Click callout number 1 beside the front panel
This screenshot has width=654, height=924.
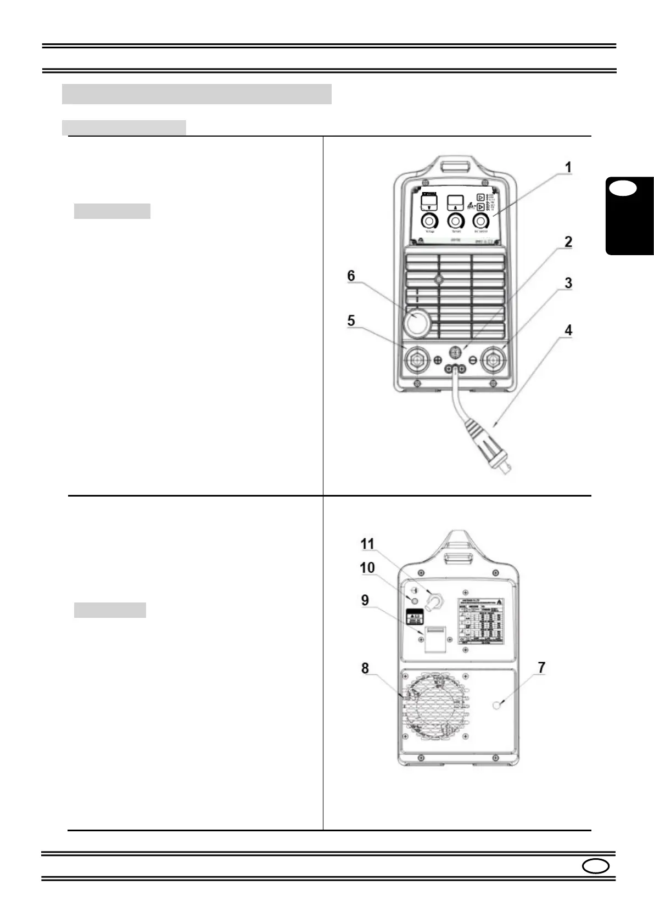(x=568, y=167)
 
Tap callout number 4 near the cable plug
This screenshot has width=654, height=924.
(x=568, y=330)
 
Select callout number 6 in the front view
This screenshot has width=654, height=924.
(x=351, y=275)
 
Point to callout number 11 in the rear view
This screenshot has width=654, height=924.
(x=367, y=544)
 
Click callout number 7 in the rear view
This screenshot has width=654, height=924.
(x=541, y=668)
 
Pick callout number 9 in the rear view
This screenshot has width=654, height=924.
(x=365, y=600)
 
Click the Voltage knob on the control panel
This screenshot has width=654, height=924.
(x=429, y=221)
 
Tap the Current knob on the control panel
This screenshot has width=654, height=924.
(x=455, y=221)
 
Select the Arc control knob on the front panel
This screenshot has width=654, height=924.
(x=482, y=221)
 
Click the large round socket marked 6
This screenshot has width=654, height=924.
(x=417, y=323)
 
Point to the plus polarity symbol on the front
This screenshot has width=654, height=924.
(x=438, y=360)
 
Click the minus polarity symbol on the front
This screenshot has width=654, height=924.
(x=473, y=360)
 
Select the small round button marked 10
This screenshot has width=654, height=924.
(x=415, y=601)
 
